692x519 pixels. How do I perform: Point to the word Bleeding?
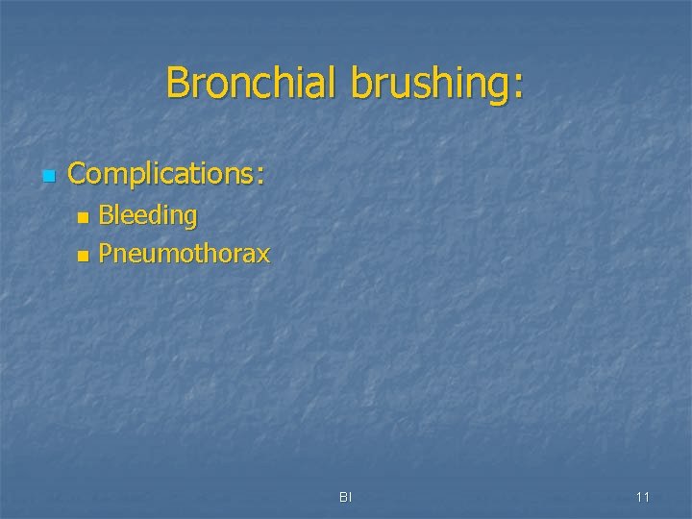[x=148, y=216]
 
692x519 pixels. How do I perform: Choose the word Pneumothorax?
[x=185, y=255]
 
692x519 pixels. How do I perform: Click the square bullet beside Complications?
[x=49, y=176]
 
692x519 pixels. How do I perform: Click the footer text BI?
[x=346, y=497]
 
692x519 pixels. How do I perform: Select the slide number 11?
[x=643, y=497]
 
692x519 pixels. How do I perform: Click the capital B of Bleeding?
[x=107, y=216]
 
